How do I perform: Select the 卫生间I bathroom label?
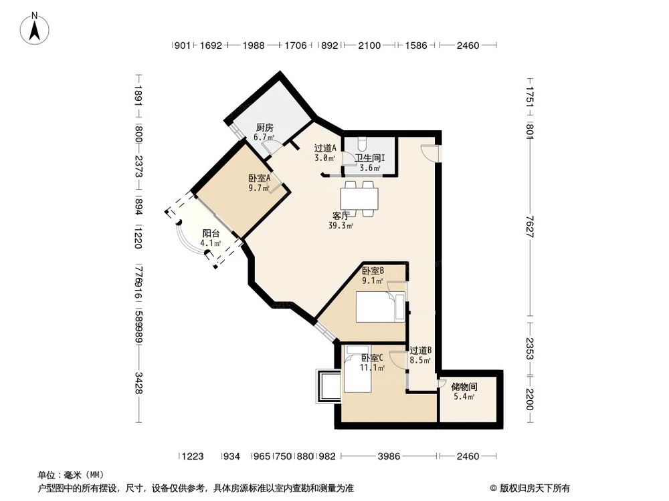click(369, 158)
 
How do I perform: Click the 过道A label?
click(326, 148)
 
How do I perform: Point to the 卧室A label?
click(259, 178)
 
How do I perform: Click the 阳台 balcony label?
click(211, 234)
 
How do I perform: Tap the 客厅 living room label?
click(341, 216)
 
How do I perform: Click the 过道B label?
click(420, 350)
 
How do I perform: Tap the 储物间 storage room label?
click(464, 387)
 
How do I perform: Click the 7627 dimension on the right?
click(529, 221)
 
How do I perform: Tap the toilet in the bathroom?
click(361, 143)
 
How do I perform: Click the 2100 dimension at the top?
click(369, 45)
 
